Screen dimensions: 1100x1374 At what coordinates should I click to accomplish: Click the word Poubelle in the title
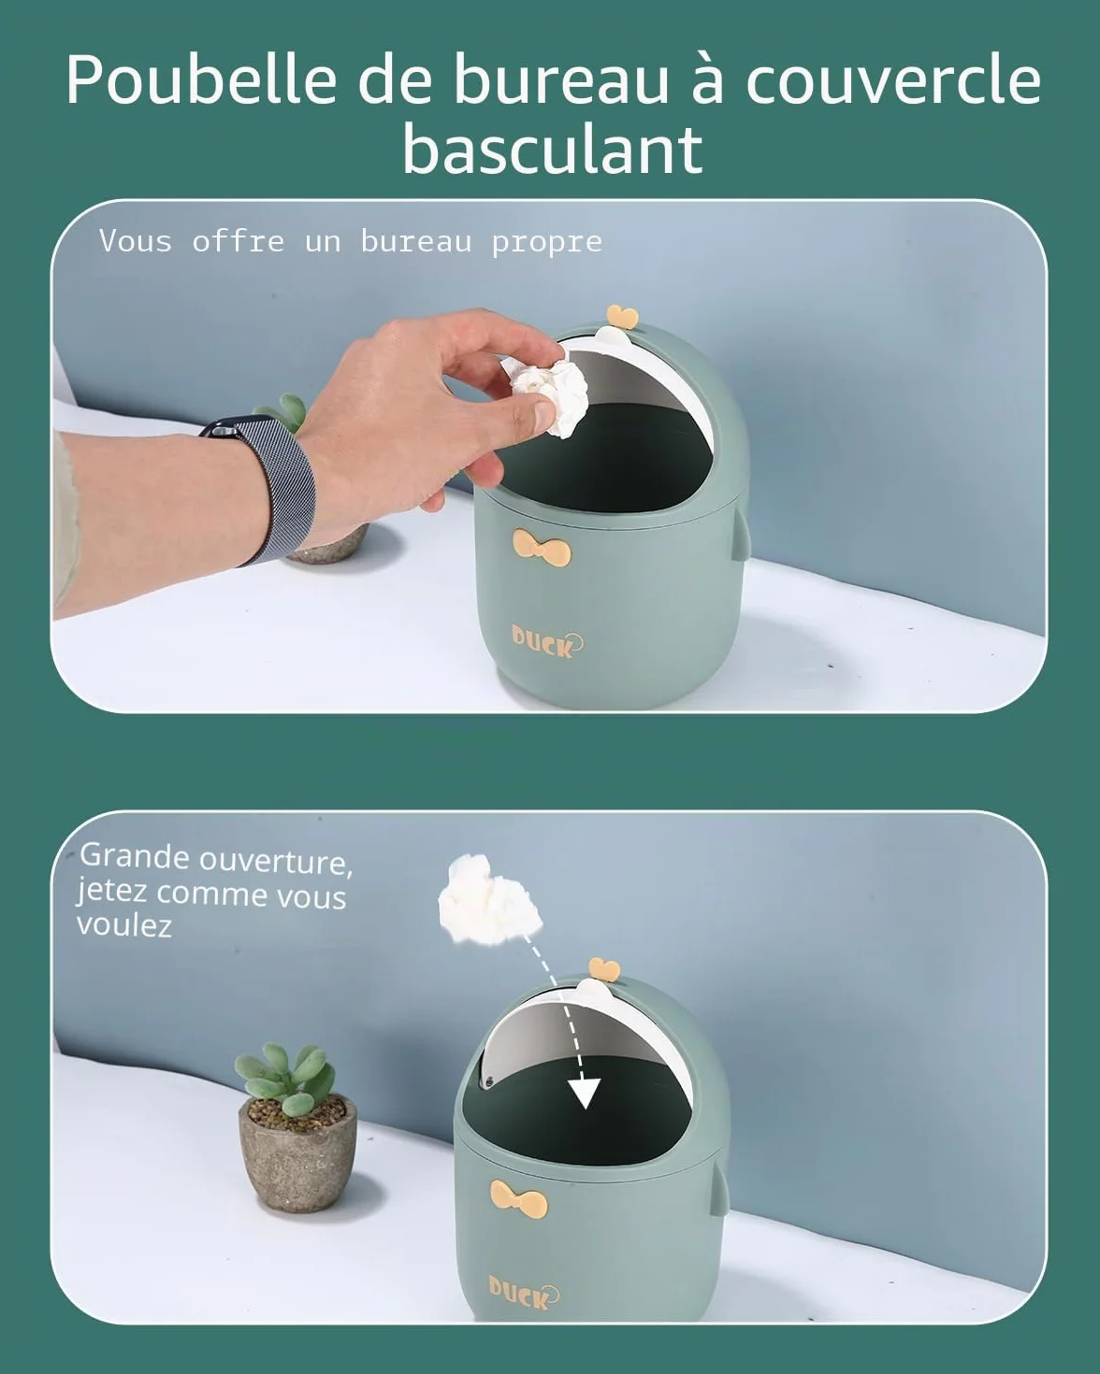click(201, 79)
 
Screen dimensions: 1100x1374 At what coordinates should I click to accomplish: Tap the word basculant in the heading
click(553, 150)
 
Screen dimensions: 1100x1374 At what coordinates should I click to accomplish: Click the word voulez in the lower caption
click(124, 925)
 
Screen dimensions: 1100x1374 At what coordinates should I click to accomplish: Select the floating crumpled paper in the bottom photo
click(490, 903)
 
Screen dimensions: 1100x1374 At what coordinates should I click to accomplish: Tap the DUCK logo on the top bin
click(547, 642)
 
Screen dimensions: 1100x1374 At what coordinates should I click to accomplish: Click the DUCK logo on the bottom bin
click(523, 1292)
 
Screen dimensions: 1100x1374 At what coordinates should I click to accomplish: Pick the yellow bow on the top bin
click(542, 548)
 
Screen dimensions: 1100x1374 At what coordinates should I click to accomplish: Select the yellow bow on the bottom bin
click(519, 1197)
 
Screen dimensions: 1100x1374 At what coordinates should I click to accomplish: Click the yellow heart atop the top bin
click(622, 317)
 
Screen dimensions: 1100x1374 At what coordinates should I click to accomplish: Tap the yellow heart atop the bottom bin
click(604, 969)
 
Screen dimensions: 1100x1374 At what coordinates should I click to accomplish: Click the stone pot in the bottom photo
click(297, 1152)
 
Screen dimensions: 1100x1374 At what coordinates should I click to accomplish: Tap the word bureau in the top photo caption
click(416, 242)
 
